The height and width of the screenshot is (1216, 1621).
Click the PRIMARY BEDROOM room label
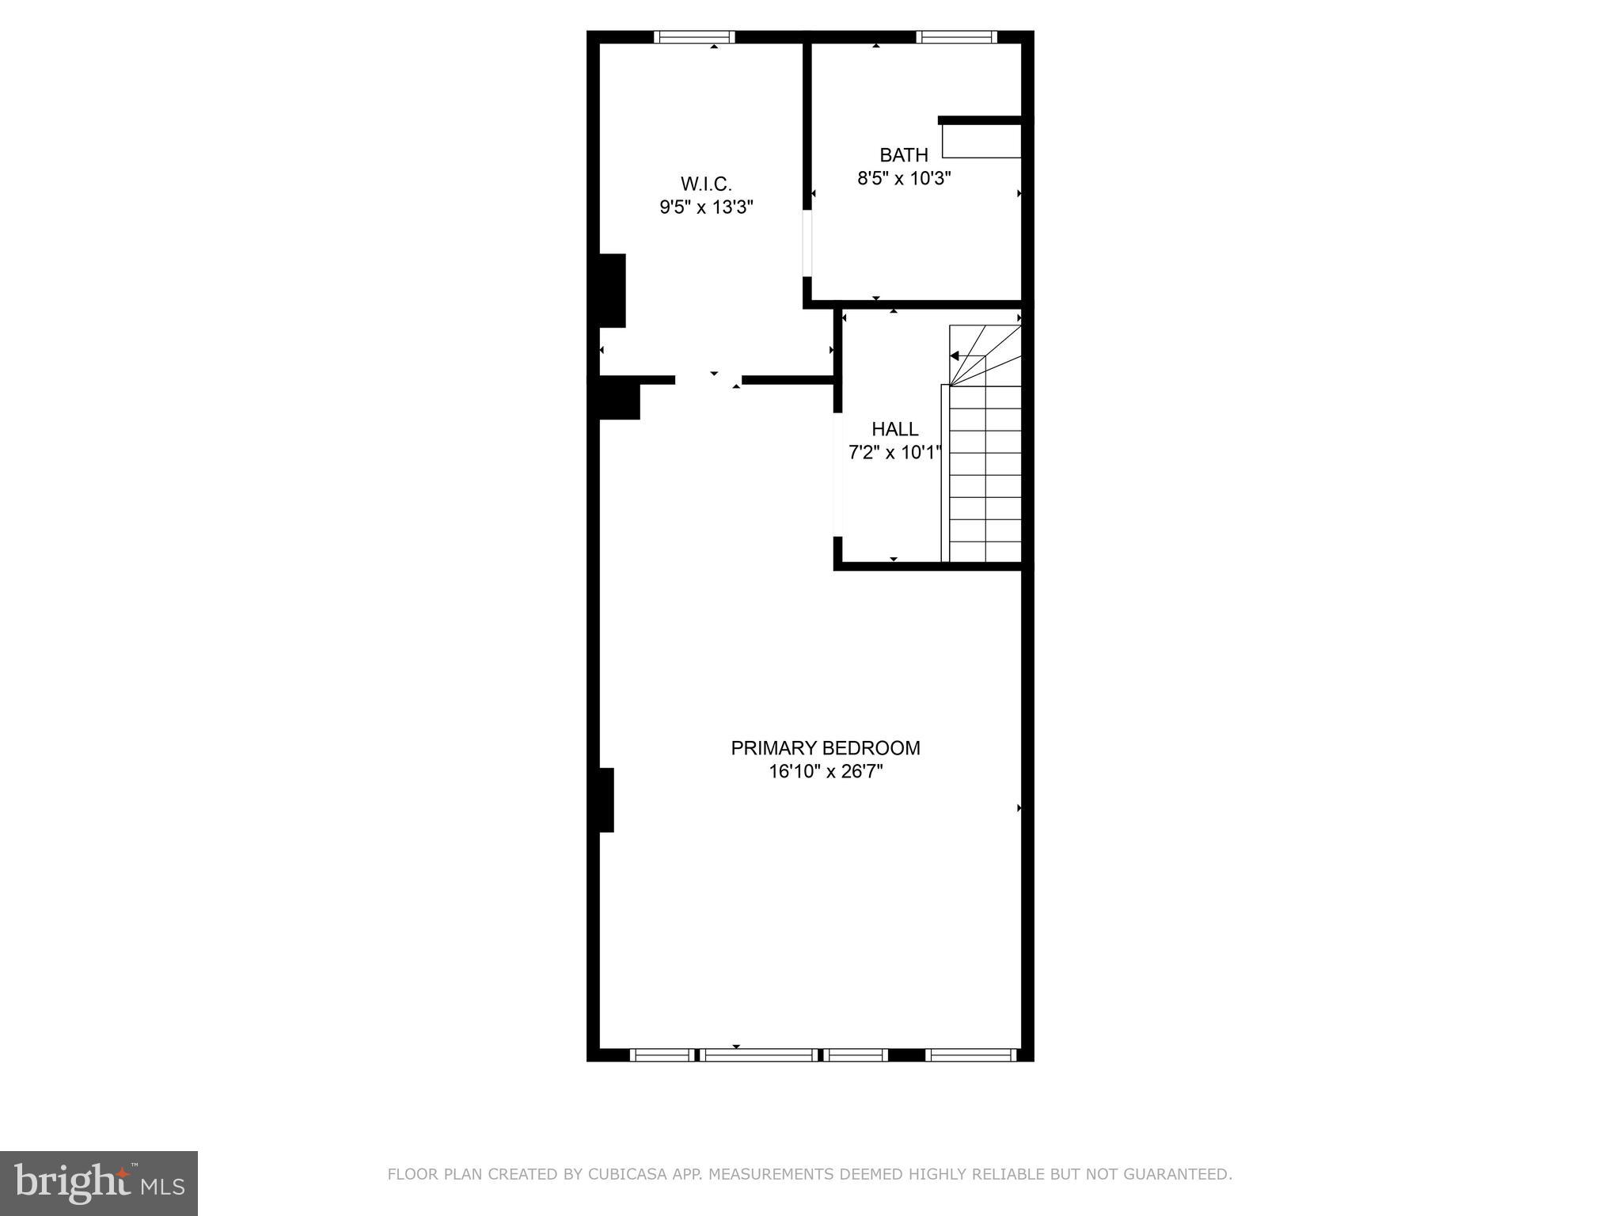(x=825, y=748)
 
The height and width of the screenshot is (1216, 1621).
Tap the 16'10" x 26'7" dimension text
(x=825, y=772)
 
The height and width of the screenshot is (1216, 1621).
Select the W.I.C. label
(x=706, y=184)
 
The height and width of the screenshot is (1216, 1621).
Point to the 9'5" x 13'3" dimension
(x=706, y=207)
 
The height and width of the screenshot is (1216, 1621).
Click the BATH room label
(x=904, y=154)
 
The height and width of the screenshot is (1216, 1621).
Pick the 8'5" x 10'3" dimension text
(x=904, y=178)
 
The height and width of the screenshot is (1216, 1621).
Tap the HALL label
(x=894, y=429)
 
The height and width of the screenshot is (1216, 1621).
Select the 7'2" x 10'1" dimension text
(x=894, y=453)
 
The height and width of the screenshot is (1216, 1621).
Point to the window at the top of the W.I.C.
(x=694, y=36)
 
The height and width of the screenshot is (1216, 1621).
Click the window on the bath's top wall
(x=956, y=36)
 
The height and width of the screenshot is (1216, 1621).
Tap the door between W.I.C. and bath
(x=807, y=243)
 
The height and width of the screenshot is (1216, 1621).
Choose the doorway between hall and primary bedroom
(x=837, y=475)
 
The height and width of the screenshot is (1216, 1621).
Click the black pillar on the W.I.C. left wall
(x=612, y=291)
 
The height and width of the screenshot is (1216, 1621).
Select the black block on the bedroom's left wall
(x=606, y=800)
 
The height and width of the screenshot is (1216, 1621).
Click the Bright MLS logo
(x=99, y=1184)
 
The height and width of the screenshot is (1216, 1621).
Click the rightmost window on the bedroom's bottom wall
(x=970, y=1054)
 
